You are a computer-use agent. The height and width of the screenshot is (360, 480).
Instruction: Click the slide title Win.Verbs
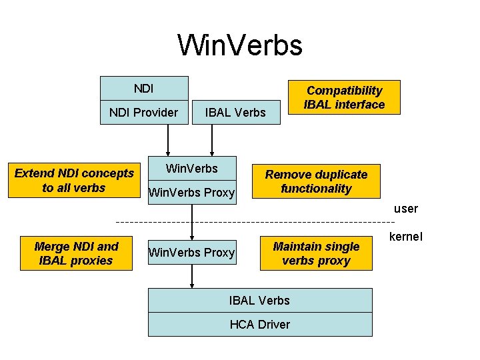pyautogui.click(x=240, y=45)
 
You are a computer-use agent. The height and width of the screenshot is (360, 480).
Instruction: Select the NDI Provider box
pyautogui.click(x=143, y=113)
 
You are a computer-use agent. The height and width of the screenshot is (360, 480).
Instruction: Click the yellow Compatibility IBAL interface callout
pyautogui.click(x=344, y=97)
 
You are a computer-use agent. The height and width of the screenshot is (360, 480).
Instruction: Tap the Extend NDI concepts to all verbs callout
pyautogui.click(x=74, y=181)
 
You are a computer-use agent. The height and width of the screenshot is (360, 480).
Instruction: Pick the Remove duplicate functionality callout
pyautogui.click(x=316, y=181)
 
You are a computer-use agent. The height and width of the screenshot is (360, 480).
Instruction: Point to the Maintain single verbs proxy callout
pyautogui.click(x=316, y=253)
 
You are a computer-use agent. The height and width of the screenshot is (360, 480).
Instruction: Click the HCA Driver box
pyautogui.click(x=260, y=325)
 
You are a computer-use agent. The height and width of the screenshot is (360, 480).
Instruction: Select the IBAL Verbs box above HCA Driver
pyautogui.click(x=260, y=301)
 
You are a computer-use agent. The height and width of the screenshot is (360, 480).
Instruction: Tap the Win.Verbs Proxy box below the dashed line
pyautogui.click(x=192, y=253)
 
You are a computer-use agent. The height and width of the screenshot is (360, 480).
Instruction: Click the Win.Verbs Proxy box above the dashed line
pyautogui.click(x=192, y=193)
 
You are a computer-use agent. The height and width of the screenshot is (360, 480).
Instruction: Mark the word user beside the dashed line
pyautogui.click(x=405, y=209)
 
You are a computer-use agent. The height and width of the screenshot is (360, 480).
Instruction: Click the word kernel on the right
pyautogui.click(x=405, y=237)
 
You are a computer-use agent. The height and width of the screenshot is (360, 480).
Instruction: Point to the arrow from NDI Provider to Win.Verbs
pyautogui.click(x=168, y=140)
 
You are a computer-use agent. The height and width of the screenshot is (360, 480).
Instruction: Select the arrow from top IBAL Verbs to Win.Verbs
pyautogui.click(x=212, y=140)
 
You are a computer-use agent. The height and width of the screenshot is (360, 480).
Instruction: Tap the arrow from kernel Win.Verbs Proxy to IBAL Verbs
pyautogui.click(x=192, y=276)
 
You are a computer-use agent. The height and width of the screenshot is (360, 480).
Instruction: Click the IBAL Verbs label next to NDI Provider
pyautogui.click(x=235, y=113)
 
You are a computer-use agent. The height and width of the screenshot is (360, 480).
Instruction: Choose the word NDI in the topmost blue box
pyautogui.click(x=143, y=88)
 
